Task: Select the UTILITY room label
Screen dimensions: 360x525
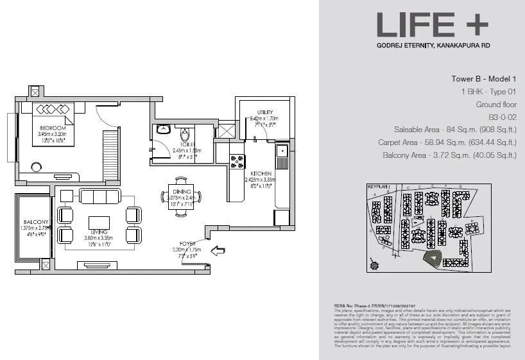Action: click(x=266, y=112)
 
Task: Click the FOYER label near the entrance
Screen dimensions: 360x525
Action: click(x=187, y=244)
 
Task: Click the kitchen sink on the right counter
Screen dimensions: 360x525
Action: click(x=281, y=152)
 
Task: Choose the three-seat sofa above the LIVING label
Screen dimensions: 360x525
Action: click(x=99, y=196)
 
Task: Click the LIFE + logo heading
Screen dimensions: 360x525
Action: click(x=432, y=25)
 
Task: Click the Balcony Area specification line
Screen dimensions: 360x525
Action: click(x=449, y=155)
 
